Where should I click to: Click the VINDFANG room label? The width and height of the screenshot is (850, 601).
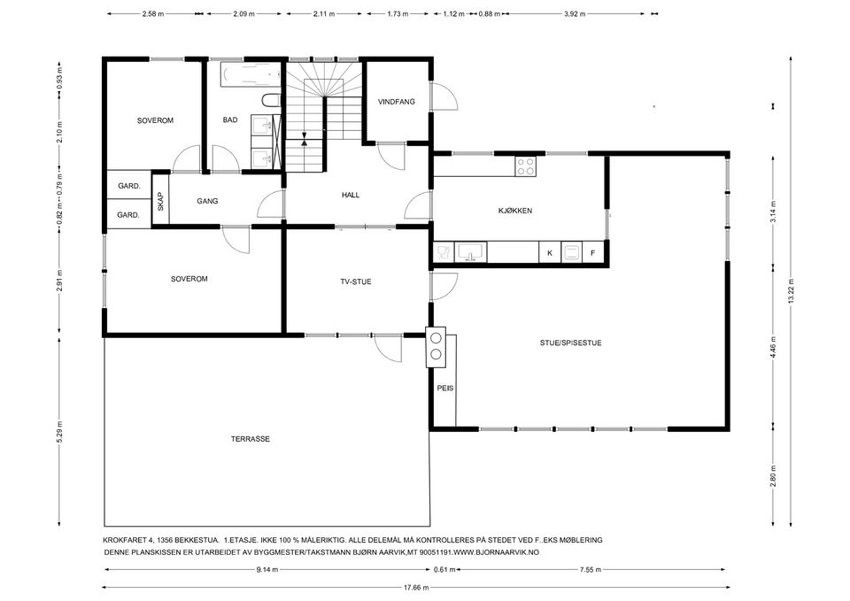coord(397,101)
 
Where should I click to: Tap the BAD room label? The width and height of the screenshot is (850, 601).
coord(230,119)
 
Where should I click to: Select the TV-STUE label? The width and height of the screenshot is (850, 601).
coord(356,281)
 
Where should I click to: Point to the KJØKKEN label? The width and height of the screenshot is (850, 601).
coord(515,211)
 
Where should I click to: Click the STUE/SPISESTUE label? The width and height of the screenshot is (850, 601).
coord(570,343)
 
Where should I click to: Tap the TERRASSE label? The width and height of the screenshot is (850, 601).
coord(250,439)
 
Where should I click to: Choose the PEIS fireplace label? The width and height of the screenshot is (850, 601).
coord(445,388)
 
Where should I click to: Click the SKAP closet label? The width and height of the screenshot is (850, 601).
coord(160,202)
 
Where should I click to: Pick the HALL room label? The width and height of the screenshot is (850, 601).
coord(351,195)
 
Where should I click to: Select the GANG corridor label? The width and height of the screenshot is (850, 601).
coord(207,201)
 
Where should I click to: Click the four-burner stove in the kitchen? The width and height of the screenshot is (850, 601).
coord(525,166)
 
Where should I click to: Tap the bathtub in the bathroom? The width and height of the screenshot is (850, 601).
coord(251,75)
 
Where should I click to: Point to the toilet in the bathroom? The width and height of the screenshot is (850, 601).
coord(271,101)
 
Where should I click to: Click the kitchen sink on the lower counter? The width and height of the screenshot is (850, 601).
coord(470,252)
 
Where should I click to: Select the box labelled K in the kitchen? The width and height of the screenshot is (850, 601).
coord(550,252)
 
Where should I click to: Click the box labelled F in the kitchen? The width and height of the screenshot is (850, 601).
coord(593,252)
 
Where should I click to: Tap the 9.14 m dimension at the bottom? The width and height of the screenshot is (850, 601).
coord(267,569)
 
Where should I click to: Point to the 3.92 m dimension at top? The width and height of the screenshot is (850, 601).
coord(575,14)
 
